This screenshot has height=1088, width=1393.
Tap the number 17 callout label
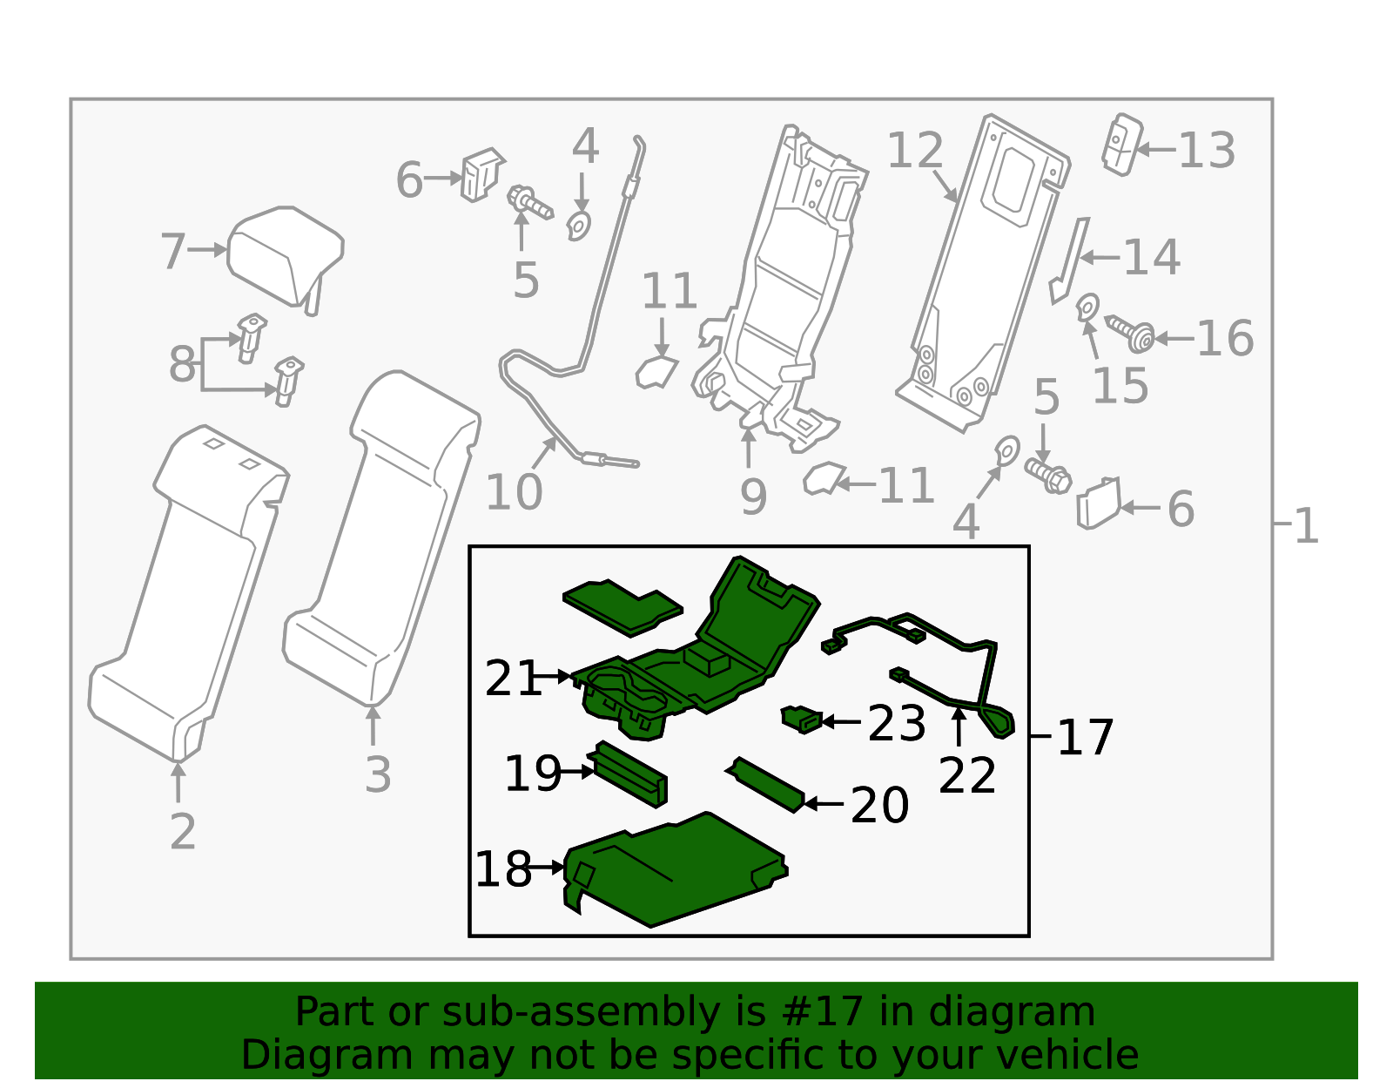click(1085, 738)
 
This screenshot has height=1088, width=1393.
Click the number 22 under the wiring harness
click(966, 775)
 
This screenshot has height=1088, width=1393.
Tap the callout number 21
click(513, 679)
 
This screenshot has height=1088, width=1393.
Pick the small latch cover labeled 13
click(1121, 144)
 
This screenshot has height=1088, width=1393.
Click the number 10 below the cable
click(514, 492)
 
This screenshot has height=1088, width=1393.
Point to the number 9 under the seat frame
click(752, 497)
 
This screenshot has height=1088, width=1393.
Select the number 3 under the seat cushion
click(377, 774)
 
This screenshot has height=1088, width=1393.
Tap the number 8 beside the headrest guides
click(182, 363)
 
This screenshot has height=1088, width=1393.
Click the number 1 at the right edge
click(1306, 526)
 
